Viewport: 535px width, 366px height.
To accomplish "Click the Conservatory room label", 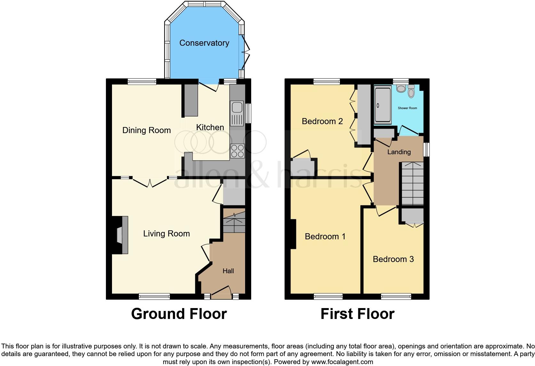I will click(204, 43).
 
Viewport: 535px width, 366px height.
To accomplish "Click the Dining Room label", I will click(147, 130).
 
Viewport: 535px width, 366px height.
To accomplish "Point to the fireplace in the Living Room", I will click(121, 235).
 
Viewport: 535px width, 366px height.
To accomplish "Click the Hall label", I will click(228, 271).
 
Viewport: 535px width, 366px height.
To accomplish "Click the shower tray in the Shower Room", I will click(383, 106).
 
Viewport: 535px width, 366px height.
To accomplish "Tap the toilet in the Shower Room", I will click(411, 91).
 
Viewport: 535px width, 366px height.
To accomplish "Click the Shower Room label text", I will click(407, 108).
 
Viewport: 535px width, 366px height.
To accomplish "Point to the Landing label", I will click(399, 152).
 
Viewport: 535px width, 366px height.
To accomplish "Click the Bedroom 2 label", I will click(322, 121).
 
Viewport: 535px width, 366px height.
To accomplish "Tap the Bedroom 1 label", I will click(325, 236).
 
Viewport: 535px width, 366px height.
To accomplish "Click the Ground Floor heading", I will click(179, 314).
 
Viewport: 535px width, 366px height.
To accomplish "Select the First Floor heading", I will click(357, 314).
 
